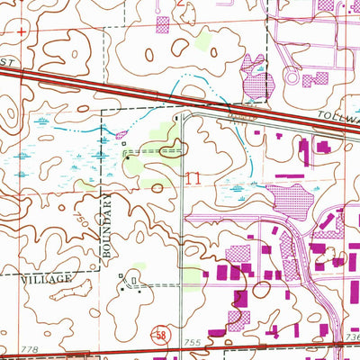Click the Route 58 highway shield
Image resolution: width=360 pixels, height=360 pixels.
pos(158,333)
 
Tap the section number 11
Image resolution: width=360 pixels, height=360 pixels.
pos(192,177)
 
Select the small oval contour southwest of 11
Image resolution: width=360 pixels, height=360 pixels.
pos(158,188)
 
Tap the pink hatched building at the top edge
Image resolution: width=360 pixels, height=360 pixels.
pos(163,24)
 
